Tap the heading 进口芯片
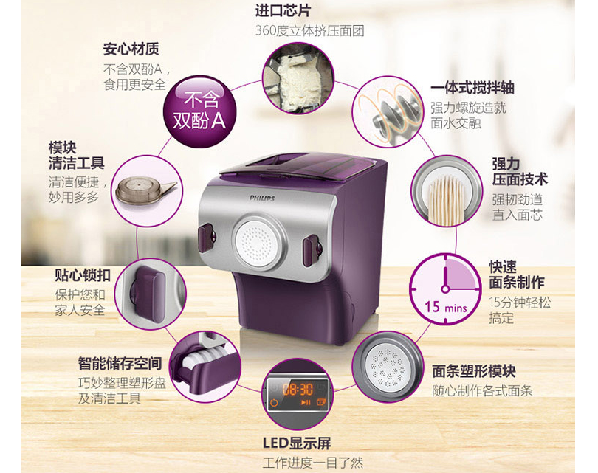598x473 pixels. click(x=283, y=11)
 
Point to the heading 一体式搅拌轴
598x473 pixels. click(x=472, y=88)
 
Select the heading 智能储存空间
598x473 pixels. click(x=119, y=363)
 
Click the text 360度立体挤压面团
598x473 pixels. click(x=309, y=31)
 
